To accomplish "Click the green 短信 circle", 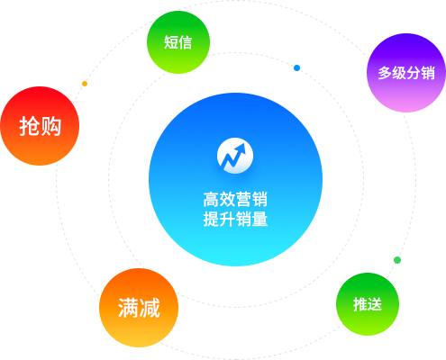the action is (178, 42).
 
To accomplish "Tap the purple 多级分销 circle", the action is (406, 73).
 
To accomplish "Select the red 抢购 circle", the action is (40, 126).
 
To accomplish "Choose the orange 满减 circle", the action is (139, 308).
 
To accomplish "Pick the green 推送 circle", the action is (368, 304).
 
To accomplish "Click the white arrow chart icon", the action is (235, 156).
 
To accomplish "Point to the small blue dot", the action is (296, 68).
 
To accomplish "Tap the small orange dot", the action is (85, 84).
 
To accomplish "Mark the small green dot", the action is (397, 260).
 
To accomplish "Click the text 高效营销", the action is (235, 200).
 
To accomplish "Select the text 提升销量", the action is (235, 219).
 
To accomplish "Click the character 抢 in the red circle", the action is (30, 126).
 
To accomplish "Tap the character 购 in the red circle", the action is (50, 126).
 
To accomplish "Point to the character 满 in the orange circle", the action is (128, 308).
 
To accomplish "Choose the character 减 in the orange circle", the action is (150, 308).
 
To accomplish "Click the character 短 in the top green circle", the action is (170, 42).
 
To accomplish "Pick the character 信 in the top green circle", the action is (185, 42).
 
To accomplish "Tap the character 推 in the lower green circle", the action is (360, 304).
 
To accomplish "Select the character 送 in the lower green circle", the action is (375, 304).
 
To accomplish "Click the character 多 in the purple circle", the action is (385, 73).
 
